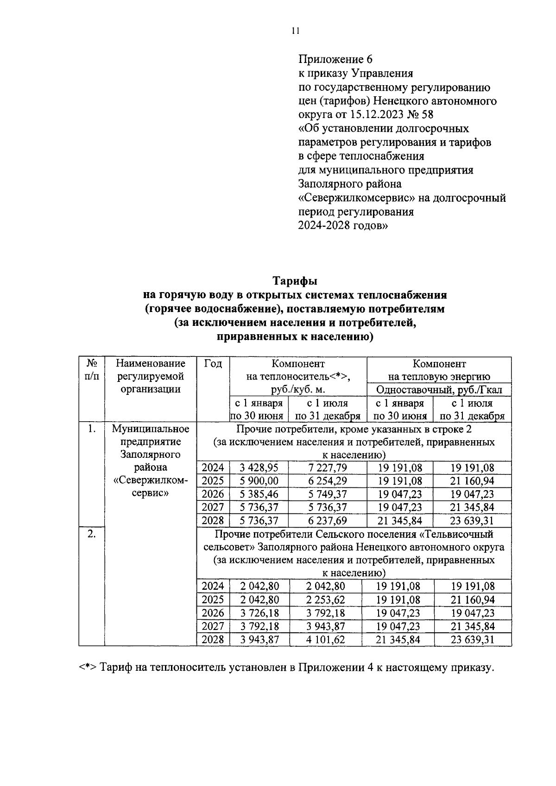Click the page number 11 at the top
(x=296, y=31)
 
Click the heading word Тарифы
(x=295, y=281)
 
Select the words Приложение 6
(x=335, y=59)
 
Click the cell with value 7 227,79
(x=327, y=468)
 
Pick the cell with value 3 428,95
(x=259, y=468)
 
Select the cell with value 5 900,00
(x=259, y=481)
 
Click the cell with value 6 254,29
(x=327, y=481)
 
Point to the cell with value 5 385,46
(x=259, y=494)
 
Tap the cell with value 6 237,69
(x=327, y=521)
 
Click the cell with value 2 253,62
(x=325, y=600)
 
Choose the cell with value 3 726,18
(x=259, y=613)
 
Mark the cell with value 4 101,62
(x=325, y=640)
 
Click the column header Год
(x=213, y=364)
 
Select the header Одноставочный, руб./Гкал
(x=439, y=390)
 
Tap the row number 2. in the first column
(x=92, y=534)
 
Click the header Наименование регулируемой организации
(x=150, y=376)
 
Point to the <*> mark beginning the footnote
(x=87, y=668)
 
